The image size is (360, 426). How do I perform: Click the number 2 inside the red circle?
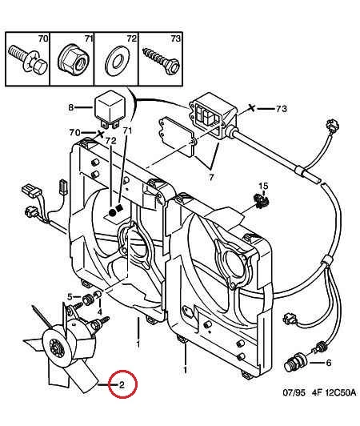click(122, 384)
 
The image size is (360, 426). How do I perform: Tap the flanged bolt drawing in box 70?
click(28, 60)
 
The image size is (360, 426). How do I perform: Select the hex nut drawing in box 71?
click(73, 59)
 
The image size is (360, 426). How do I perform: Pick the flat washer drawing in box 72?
click(118, 62)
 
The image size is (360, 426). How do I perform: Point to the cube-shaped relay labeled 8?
click(110, 108)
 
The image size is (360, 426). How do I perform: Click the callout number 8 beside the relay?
click(71, 107)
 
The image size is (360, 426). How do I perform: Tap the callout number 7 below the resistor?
click(211, 177)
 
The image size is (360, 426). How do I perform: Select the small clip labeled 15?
click(260, 200)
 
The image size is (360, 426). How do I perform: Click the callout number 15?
click(263, 186)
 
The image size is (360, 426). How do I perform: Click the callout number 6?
click(329, 363)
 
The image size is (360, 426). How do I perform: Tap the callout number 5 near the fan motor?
click(70, 297)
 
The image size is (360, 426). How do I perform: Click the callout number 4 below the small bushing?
click(100, 311)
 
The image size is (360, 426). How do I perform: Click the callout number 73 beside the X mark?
click(282, 109)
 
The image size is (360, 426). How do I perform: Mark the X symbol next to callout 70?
click(101, 134)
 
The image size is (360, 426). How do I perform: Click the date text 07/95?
click(294, 392)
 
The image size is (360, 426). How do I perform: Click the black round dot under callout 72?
click(111, 213)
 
